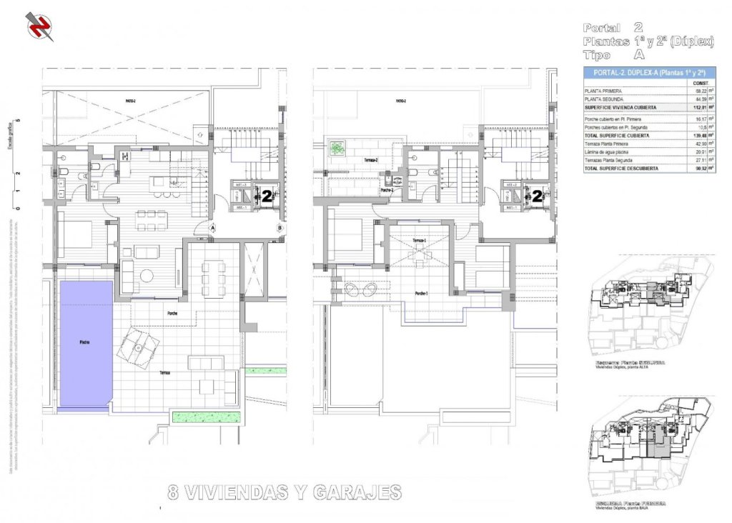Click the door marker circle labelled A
click(x=212, y=228)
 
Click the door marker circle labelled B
click(x=280, y=228)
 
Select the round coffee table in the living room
click(x=146, y=275)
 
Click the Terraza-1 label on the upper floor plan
click(x=420, y=241)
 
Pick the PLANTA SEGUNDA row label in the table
click(x=604, y=99)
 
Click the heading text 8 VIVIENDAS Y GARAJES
click(x=284, y=492)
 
